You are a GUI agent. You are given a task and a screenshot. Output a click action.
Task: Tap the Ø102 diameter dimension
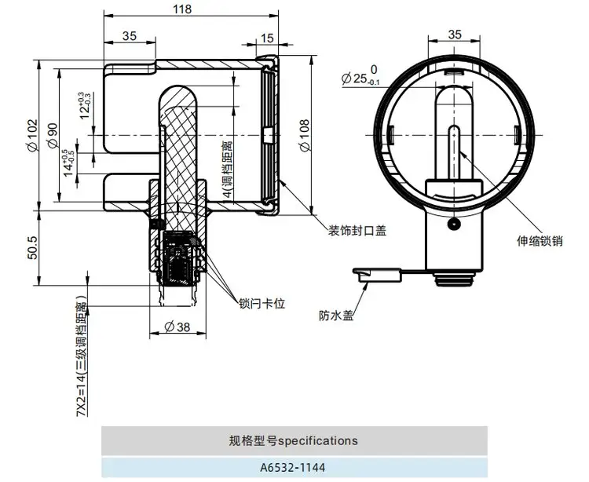click(x=31, y=135)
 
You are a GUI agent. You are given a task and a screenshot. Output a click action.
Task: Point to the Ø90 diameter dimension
click(x=53, y=135)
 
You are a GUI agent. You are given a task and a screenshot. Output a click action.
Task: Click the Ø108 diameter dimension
click(x=304, y=135)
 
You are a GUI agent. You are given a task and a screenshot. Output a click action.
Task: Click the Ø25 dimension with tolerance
click(x=362, y=79)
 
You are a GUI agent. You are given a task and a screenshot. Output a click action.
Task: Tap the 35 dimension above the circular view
click(x=455, y=35)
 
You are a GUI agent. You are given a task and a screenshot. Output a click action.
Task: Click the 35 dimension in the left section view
click(x=130, y=36)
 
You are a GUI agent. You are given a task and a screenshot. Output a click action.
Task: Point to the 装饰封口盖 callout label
click(x=357, y=230)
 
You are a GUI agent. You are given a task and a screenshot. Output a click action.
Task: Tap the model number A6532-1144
click(x=294, y=468)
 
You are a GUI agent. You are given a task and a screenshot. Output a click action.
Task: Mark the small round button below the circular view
click(x=452, y=225)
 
